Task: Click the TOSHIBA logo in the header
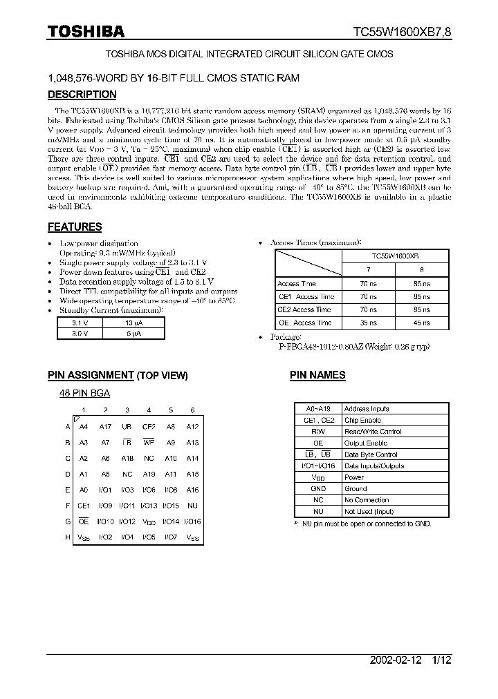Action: click(86, 31)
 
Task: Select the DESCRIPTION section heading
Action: click(82, 95)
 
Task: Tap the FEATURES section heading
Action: click(75, 227)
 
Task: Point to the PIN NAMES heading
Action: click(317, 375)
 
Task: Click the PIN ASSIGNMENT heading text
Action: click(91, 375)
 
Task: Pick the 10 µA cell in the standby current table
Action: click(133, 323)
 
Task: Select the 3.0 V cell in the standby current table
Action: click(80, 333)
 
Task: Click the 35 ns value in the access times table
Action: click(369, 323)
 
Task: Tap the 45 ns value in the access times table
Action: click(421, 323)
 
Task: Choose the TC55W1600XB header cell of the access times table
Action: click(395, 255)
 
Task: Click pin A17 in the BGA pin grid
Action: click(105, 427)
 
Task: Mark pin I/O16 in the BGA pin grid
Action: click(192, 521)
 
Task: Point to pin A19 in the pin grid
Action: click(149, 474)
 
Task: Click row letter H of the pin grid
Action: click(67, 537)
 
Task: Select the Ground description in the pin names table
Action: click(356, 488)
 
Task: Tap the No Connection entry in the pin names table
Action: click(367, 500)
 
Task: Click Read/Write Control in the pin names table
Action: click(373, 432)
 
